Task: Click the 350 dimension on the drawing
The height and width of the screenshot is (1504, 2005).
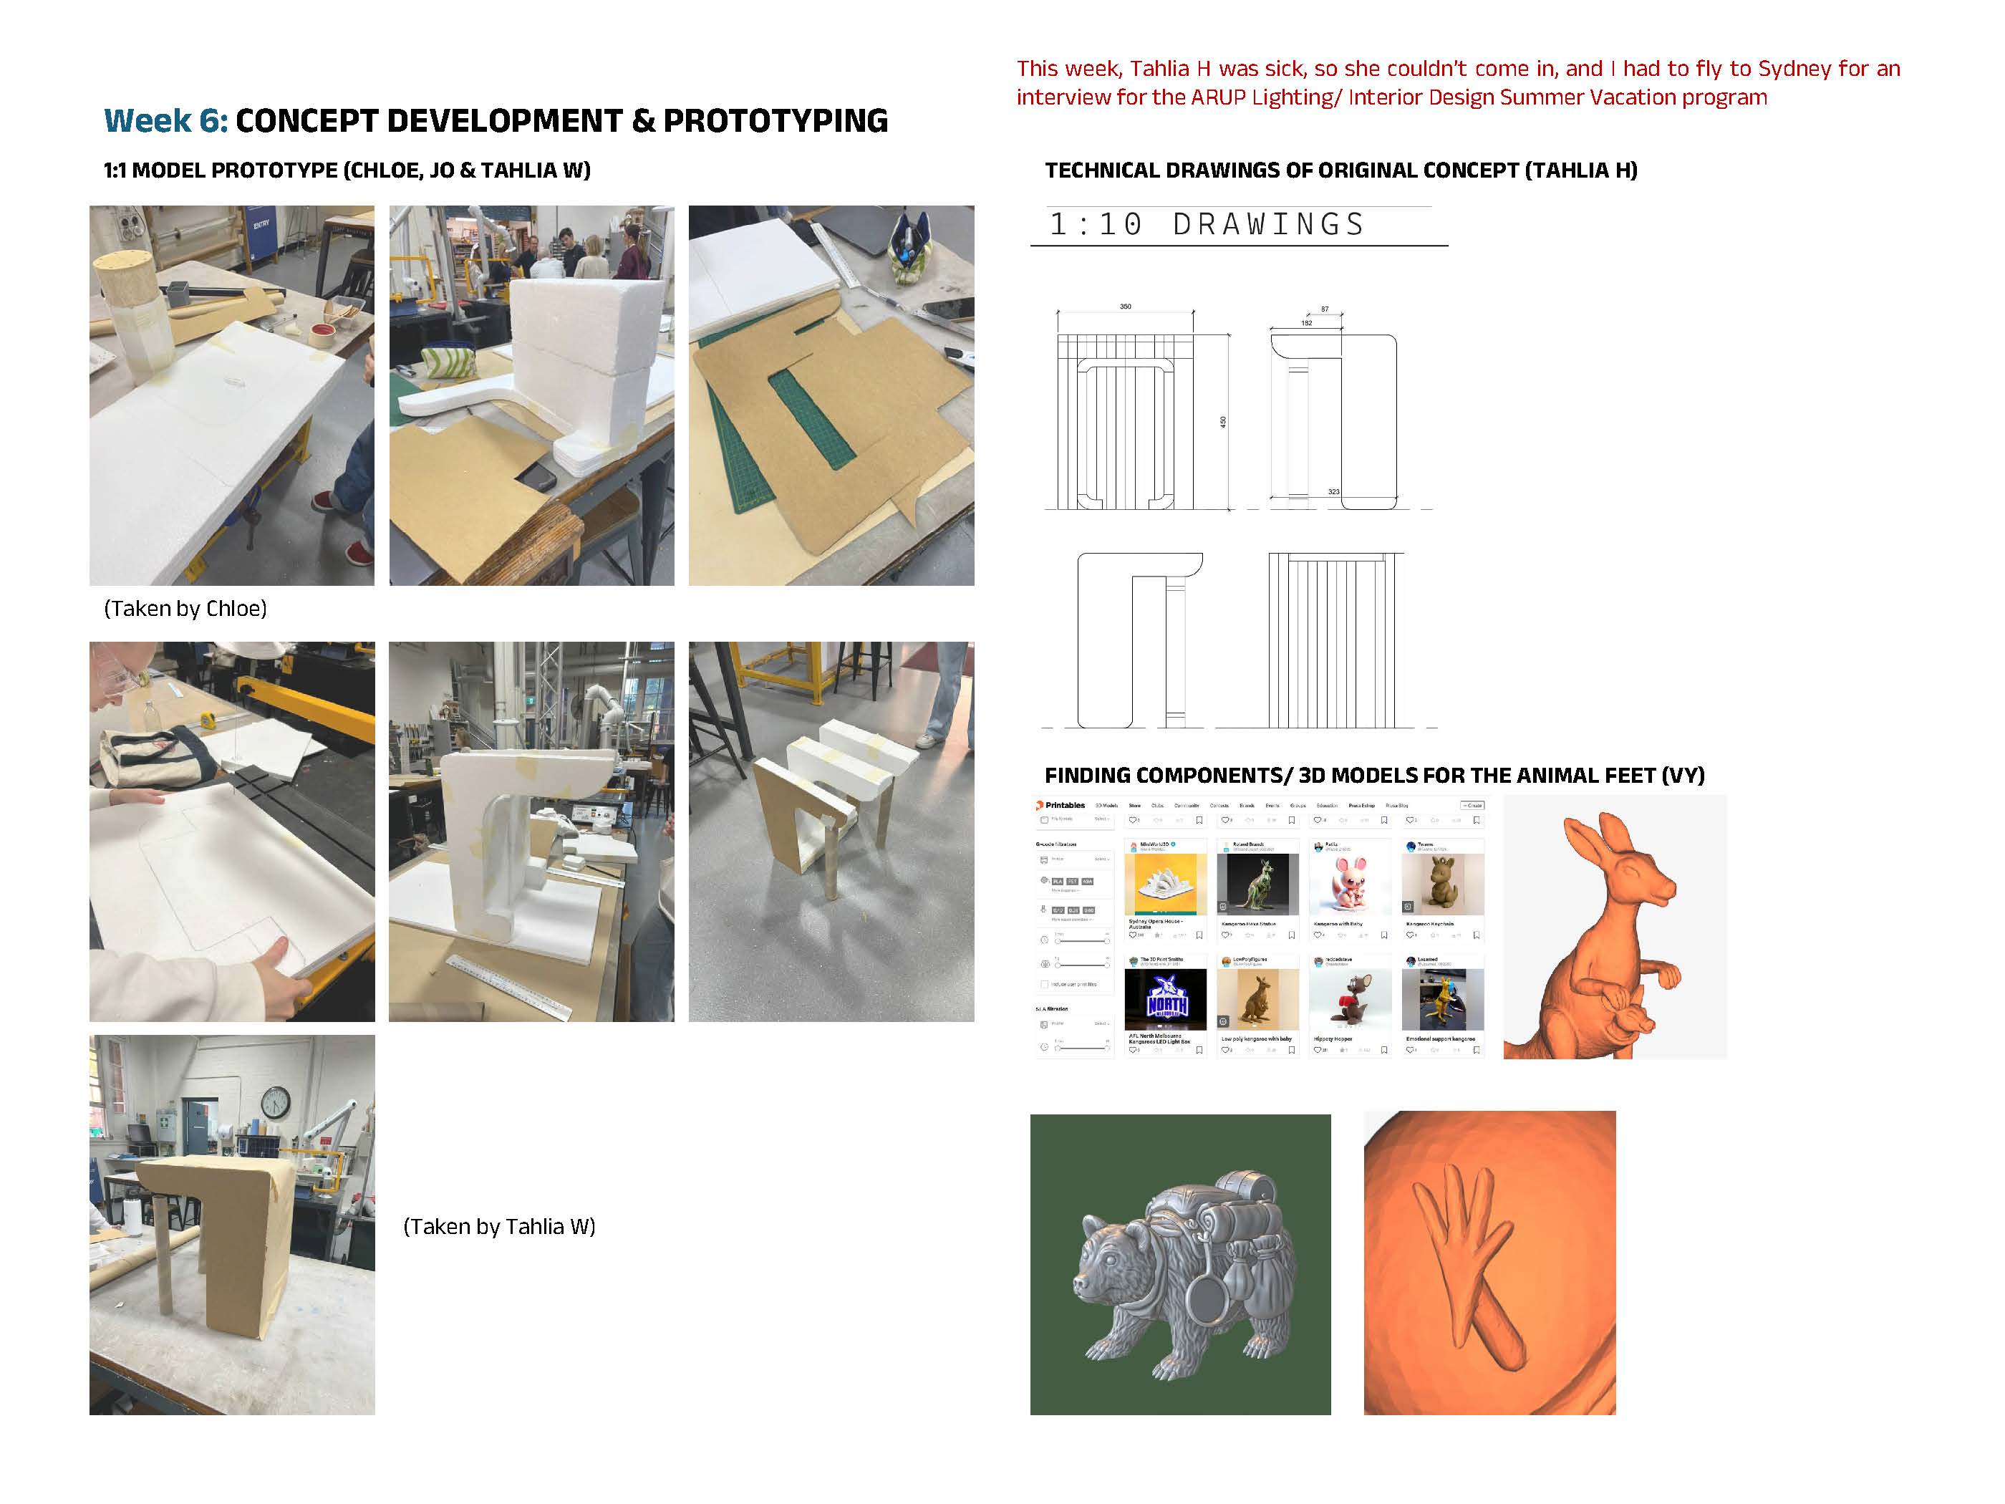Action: pos(1125,307)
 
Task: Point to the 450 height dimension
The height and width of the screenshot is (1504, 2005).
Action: pos(1223,422)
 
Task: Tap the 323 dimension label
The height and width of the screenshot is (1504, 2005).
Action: pos(1333,491)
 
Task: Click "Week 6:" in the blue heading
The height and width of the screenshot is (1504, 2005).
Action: pos(166,120)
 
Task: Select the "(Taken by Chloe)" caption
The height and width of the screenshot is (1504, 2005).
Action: pos(185,608)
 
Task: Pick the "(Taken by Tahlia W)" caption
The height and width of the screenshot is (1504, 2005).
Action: pos(498,1227)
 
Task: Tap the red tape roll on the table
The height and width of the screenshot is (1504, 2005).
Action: pos(323,333)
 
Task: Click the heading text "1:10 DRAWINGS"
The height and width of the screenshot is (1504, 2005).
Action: pos(1206,225)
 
